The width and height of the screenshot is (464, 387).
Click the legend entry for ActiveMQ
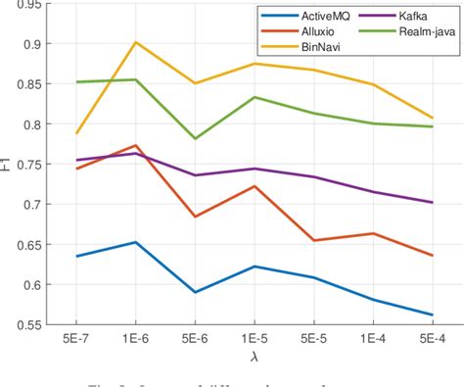pos(301,16)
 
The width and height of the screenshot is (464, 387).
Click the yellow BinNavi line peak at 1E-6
pos(135,42)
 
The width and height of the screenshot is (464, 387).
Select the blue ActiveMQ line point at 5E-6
pos(195,292)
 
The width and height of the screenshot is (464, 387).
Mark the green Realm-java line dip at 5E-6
pos(195,138)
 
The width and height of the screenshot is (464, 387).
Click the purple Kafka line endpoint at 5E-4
pos(433,202)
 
